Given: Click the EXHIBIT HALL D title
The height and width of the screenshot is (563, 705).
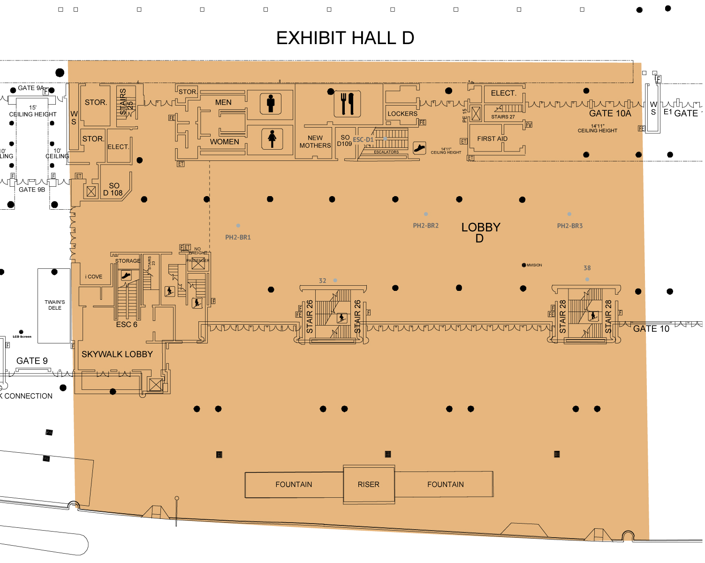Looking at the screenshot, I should [345, 38].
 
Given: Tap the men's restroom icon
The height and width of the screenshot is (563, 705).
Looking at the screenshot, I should [271, 104].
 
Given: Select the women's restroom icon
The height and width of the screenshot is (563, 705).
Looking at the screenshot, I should [272, 139].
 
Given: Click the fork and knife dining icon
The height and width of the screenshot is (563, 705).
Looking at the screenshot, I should [348, 104].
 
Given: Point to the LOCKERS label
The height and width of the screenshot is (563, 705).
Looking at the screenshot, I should [402, 114].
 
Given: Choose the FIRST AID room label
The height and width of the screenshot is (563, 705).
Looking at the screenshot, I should [492, 139].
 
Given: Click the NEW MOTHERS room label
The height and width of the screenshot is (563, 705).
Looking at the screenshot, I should [315, 142].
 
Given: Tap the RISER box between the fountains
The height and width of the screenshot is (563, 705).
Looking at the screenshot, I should [369, 485].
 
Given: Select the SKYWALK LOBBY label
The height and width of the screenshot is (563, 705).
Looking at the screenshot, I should [117, 354].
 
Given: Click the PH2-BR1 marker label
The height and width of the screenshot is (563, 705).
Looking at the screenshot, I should [238, 237].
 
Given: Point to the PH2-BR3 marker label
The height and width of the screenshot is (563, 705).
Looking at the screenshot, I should [570, 226].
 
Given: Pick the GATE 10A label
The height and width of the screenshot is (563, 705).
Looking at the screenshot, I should [610, 114].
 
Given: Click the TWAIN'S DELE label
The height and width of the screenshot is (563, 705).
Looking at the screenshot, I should [55, 305].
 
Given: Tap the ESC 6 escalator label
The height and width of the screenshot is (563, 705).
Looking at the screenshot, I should [127, 325].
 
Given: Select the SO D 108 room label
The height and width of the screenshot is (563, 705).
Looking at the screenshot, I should [113, 189].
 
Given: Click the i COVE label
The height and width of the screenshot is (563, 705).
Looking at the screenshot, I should [94, 277].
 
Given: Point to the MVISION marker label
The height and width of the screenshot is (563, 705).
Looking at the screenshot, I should [534, 265].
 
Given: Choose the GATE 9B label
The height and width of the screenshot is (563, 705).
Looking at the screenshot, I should [32, 190].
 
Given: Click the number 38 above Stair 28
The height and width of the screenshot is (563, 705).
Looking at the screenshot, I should [587, 268].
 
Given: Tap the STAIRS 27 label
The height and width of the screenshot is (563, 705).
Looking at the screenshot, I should [503, 117].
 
